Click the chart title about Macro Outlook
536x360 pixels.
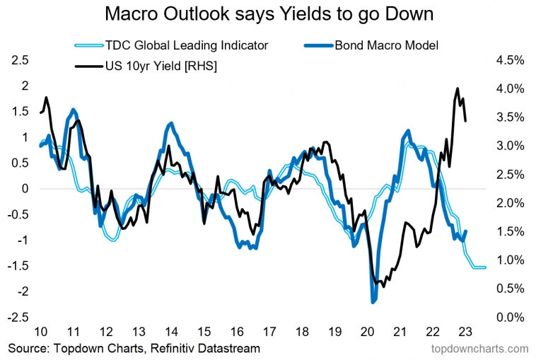point(269,14)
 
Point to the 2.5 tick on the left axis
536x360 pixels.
point(21,61)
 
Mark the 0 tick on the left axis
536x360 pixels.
point(25,189)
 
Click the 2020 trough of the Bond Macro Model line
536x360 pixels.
point(373,302)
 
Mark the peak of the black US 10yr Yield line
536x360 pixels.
point(458,88)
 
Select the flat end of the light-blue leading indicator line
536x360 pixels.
point(479,267)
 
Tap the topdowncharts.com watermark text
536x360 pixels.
point(479,349)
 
